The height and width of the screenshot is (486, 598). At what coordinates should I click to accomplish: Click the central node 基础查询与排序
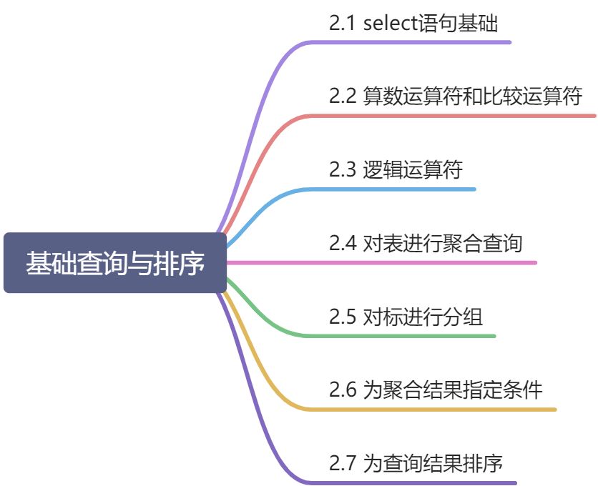(x=115, y=262)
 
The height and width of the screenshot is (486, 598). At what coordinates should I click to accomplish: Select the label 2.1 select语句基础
(x=413, y=23)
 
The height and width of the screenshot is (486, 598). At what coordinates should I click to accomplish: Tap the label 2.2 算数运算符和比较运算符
(x=456, y=96)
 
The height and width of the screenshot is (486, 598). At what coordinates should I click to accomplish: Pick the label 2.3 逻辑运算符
(x=396, y=170)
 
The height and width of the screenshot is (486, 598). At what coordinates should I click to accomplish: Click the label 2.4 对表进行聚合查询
(x=426, y=244)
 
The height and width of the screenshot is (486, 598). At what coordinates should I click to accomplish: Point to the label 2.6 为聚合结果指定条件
(x=436, y=390)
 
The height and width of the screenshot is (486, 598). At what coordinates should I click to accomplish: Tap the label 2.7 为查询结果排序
(x=416, y=464)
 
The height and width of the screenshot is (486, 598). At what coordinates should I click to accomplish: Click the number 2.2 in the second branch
(x=343, y=96)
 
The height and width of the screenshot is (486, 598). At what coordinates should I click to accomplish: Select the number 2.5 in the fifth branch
(x=343, y=317)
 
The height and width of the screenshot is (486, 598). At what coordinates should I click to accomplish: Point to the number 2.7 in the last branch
(x=343, y=464)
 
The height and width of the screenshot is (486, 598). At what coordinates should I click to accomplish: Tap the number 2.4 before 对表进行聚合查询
(x=343, y=244)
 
